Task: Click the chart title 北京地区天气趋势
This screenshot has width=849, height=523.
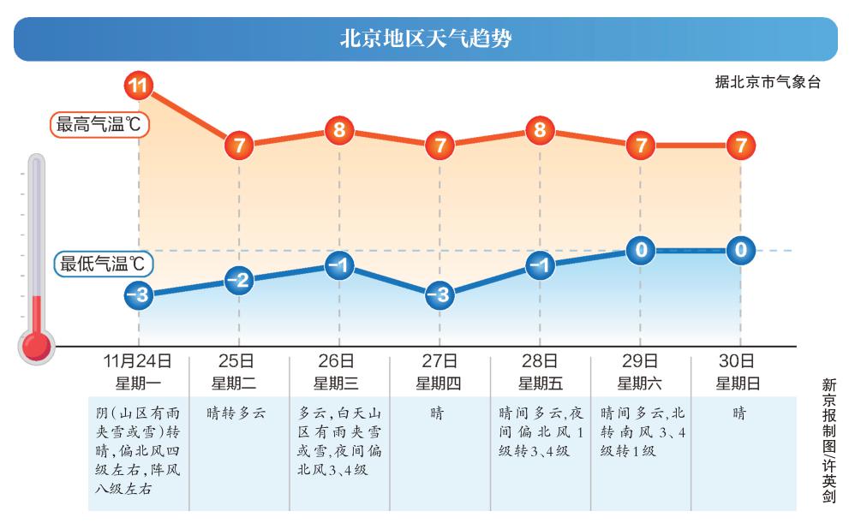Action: [x=426, y=39]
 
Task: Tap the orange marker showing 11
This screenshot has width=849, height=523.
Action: [x=138, y=86]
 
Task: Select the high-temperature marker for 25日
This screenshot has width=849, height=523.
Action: [x=239, y=146]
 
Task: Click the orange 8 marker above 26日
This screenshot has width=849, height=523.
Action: [x=339, y=131]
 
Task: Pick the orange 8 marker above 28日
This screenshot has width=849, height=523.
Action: [x=540, y=131]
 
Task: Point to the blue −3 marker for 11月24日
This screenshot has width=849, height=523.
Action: [x=138, y=296]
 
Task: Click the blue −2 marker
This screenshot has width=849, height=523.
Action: [x=239, y=281]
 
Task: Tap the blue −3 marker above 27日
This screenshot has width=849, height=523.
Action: [x=439, y=296]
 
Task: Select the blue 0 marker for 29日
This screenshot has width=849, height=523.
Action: [x=640, y=251]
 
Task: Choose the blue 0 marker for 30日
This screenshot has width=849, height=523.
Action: [x=740, y=251]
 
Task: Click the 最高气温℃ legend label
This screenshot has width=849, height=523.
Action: [x=99, y=125]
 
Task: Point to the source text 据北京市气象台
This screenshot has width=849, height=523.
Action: [x=768, y=83]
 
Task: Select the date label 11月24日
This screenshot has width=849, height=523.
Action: [x=138, y=361]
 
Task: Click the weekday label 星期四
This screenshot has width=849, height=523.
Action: [x=439, y=383]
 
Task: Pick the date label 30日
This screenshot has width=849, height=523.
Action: [x=739, y=361]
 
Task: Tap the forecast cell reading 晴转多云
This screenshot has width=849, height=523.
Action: [x=236, y=413]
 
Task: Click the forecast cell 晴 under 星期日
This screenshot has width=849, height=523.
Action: [x=739, y=413]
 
